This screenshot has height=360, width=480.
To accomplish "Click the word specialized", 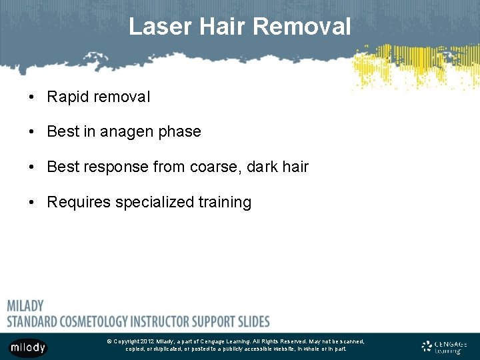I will coord(154,202).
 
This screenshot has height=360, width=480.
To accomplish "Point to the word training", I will coord(225,202).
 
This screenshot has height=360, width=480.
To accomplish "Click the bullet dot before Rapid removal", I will coord(32,97).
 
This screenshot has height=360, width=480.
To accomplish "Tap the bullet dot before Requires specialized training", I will coord(32,203).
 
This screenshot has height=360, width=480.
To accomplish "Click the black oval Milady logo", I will coord(28,347).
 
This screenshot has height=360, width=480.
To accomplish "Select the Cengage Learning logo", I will coord(445,347).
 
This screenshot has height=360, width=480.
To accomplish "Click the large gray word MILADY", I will coord(25,306).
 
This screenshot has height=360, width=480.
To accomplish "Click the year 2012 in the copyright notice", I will coord(147,341).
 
